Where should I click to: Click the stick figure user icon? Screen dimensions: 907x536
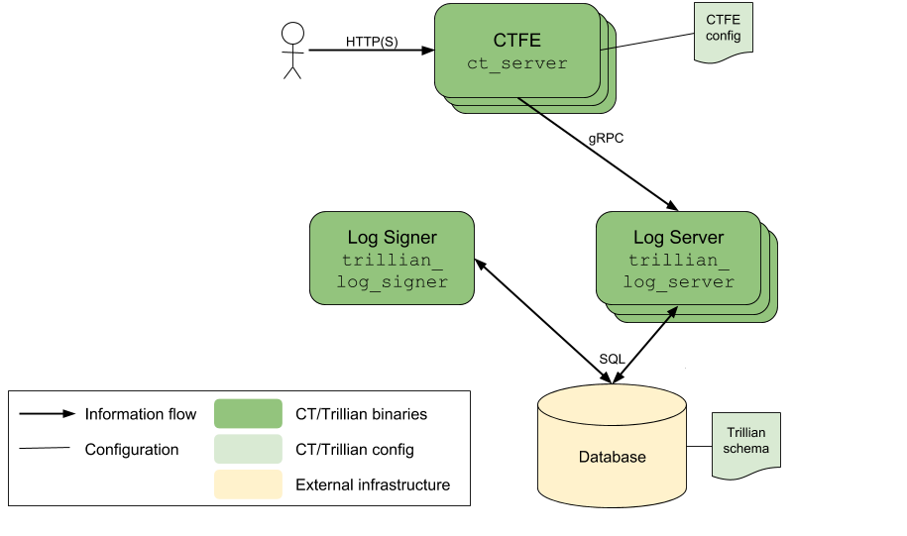pyautogui.click(x=292, y=51)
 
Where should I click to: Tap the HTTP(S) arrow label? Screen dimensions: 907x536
pyautogui.click(x=372, y=42)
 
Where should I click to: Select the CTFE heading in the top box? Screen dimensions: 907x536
pyautogui.click(x=517, y=40)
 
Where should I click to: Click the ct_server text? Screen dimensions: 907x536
pyautogui.click(x=517, y=63)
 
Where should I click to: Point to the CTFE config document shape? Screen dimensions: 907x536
pyautogui.click(x=723, y=33)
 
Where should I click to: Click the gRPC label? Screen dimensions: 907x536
pyautogui.click(x=606, y=138)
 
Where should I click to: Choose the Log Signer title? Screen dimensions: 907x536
pyautogui.click(x=393, y=237)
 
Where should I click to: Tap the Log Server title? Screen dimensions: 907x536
pyautogui.click(x=678, y=237)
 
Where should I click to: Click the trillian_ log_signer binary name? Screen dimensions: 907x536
pyautogui.click(x=393, y=271)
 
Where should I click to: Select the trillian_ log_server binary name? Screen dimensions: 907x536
pyautogui.click(x=678, y=271)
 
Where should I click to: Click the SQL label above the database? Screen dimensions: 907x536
pyautogui.click(x=612, y=359)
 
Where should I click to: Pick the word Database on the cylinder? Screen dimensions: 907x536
pyautogui.click(x=612, y=457)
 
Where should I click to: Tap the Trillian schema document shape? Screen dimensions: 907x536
pyautogui.click(x=746, y=445)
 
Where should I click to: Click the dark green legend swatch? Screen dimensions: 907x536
pyautogui.click(x=248, y=413)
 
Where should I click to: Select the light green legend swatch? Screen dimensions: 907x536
pyautogui.click(x=248, y=449)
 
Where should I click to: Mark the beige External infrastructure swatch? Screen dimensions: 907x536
pyautogui.click(x=248, y=484)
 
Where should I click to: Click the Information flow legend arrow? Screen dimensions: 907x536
pyautogui.click(x=48, y=413)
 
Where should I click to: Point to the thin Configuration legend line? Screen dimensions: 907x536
pyautogui.click(x=45, y=448)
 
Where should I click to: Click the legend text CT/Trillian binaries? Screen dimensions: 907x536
pyautogui.click(x=361, y=414)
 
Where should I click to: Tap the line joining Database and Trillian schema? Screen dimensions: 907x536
pyautogui.click(x=700, y=447)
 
